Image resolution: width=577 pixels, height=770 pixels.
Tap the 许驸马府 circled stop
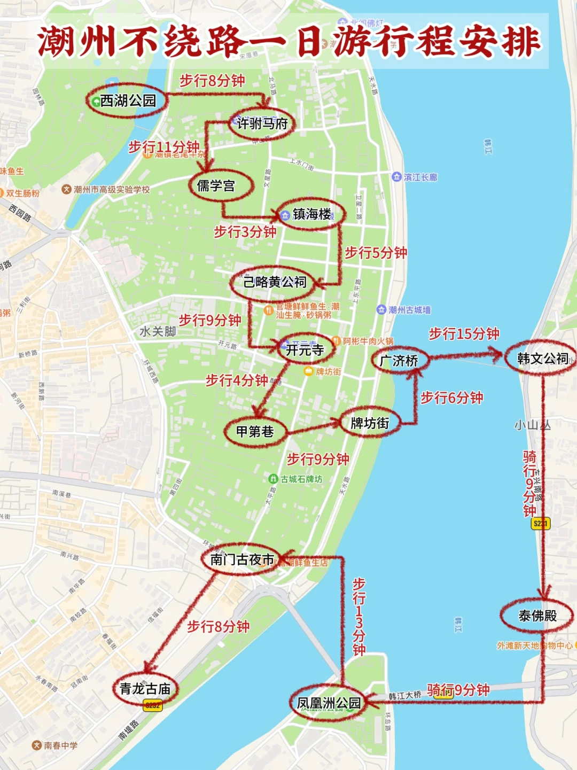[x=262, y=123]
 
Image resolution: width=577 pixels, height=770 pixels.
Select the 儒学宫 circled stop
[x=216, y=185]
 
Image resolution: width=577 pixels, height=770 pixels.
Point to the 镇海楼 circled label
[x=311, y=214]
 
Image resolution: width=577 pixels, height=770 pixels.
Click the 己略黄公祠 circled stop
[x=275, y=282]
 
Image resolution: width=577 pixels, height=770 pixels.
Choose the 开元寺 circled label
[x=305, y=350]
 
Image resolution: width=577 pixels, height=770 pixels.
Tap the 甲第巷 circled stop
[x=255, y=431]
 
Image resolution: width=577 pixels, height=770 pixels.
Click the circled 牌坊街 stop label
[x=370, y=423]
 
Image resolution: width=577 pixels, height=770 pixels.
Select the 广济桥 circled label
[x=399, y=361]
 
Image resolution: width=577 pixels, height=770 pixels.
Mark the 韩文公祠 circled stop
[x=542, y=359]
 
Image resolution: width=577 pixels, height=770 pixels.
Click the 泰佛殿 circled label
[x=537, y=616]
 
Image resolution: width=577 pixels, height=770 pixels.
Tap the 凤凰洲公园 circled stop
[x=329, y=703]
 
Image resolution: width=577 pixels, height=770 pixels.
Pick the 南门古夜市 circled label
[x=242, y=559]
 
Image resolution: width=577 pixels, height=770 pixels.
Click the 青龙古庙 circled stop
[x=145, y=689]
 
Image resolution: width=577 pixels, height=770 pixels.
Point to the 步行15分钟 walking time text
[x=464, y=334]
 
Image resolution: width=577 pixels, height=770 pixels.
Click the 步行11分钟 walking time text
[x=163, y=146]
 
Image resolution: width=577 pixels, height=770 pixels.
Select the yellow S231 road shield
[x=541, y=524]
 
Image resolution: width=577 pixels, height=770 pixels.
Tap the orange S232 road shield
[x=153, y=705]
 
